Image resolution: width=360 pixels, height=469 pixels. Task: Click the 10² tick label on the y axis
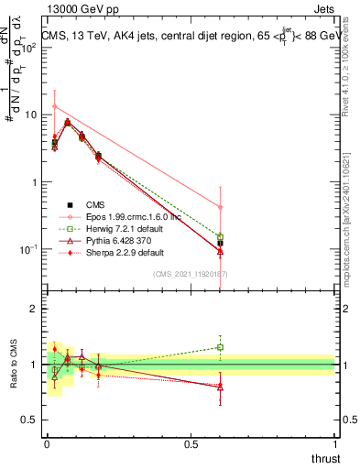pos(29,47)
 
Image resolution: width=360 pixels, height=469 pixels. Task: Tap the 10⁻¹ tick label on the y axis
pos(29,249)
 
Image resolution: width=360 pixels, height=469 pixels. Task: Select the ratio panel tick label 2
pos(35,309)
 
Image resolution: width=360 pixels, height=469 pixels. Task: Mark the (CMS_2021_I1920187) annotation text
pos(190,274)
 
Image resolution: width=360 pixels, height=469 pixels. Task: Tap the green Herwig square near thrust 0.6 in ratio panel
pos(220,347)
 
